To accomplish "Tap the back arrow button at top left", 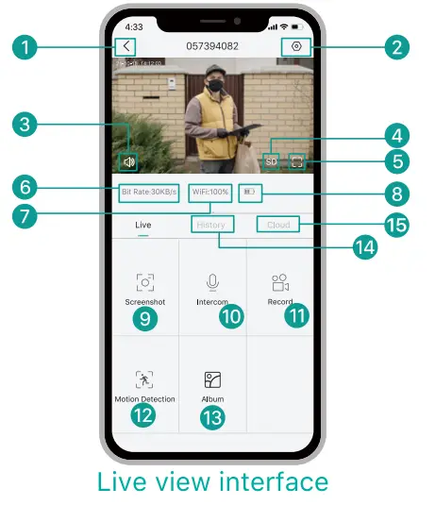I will click(126, 46).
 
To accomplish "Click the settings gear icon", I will click(297, 46).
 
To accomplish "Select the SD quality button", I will click(272, 161).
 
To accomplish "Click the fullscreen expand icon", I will click(298, 161).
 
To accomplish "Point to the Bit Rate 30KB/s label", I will click(149, 192).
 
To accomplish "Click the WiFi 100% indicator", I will click(209, 192).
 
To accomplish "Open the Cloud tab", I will click(279, 225).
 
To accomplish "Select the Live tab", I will click(143, 225).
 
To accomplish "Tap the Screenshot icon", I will click(144, 281).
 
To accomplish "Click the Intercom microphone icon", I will click(212, 281).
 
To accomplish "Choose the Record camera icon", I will click(279, 281).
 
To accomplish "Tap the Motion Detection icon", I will click(144, 379).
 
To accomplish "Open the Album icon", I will click(212, 379).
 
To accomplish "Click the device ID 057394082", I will click(212, 46).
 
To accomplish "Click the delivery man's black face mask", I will click(214, 85).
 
